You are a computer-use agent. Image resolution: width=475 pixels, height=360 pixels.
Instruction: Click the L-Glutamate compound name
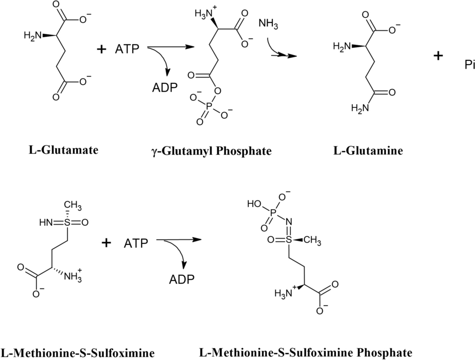click(x=63, y=149)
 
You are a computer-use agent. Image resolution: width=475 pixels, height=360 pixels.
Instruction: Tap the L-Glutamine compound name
click(x=368, y=150)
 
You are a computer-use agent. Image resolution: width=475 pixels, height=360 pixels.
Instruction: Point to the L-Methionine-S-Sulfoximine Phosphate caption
click(x=306, y=352)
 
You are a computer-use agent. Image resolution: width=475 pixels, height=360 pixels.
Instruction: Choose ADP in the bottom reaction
click(x=182, y=279)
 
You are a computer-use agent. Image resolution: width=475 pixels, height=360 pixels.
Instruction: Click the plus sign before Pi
click(x=438, y=56)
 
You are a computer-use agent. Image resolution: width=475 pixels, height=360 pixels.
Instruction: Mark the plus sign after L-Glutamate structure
click(x=102, y=49)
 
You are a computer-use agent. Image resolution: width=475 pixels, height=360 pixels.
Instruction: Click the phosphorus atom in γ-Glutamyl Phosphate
click(x=210, y=104)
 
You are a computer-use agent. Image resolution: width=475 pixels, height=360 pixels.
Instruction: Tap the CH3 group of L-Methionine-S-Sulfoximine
click(x=72, y=204)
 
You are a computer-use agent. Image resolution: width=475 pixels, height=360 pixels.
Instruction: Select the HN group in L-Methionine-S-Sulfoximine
click(x=46, y=222)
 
